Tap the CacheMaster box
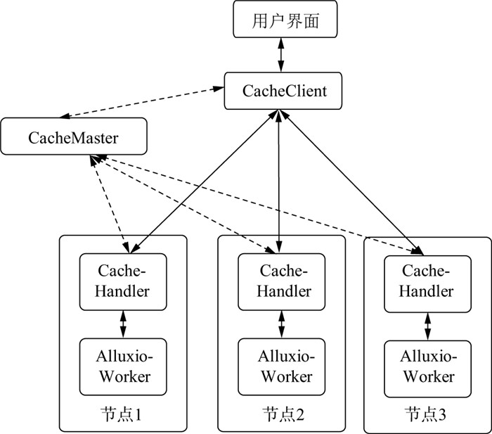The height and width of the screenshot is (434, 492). click(x=74, y=136)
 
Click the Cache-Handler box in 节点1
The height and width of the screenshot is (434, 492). click(x=123, y=281)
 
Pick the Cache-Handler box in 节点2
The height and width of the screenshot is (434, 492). click(x=281, y=281)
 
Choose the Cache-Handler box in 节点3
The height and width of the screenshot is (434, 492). click(x=427, y=281)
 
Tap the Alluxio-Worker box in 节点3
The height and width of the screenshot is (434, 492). click(x=427, y=367)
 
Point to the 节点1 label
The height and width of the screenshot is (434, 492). click(x=123, y=414)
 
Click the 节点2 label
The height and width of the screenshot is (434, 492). click(x=281, y=414)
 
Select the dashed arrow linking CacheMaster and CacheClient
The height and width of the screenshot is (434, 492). click(x=141, y=103)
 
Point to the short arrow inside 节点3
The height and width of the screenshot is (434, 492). click(x=427, y=325)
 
